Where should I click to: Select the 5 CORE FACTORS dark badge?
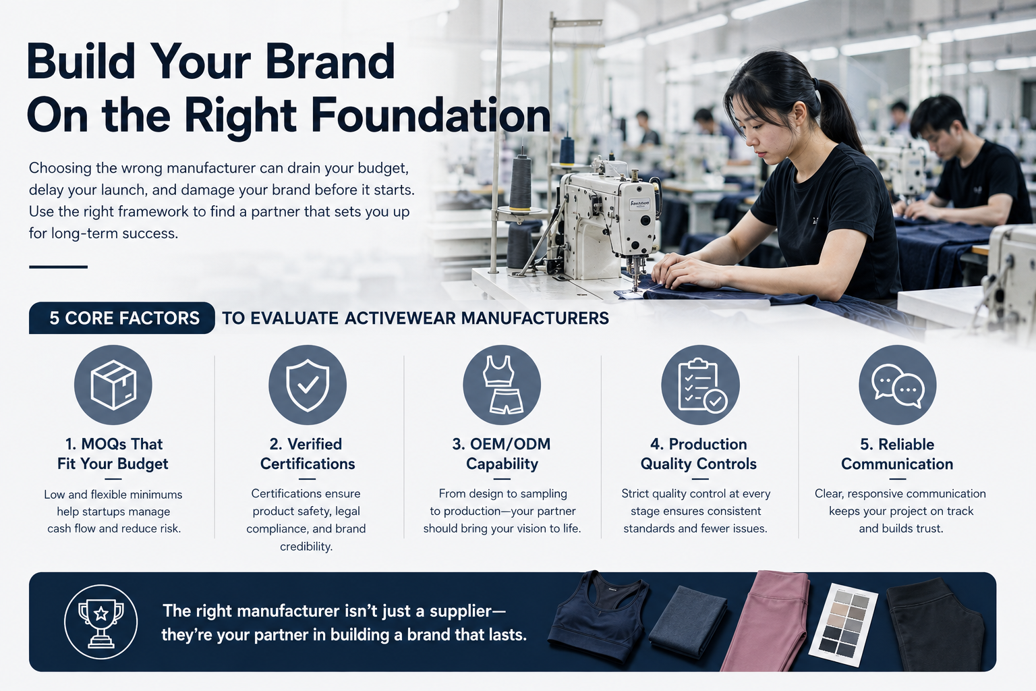pos(121,318)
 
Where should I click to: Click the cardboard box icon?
pos(113,385)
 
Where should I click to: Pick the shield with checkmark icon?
pos(308,385)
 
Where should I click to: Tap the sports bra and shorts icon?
pos(502,385)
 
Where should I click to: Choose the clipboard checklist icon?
pos(701,385)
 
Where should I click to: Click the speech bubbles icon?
pos(898,385)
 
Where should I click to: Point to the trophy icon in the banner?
pos(100,621)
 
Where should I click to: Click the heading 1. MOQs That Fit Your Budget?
pos(113,453)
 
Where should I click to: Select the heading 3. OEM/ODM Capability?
pos(502,453)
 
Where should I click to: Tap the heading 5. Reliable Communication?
pos(897,454)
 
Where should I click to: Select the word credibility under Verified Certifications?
pos(306,547)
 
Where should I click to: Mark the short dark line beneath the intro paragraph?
pos(58,267)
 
